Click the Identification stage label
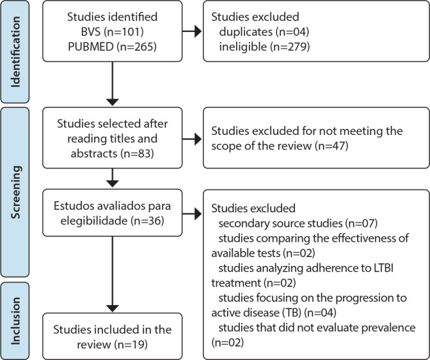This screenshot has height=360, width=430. click(x=15, y=52)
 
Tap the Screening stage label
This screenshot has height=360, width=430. click(x=15, y=192)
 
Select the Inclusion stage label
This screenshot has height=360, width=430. click(x=15, y=321)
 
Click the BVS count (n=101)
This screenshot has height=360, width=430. click(x=123, y=32)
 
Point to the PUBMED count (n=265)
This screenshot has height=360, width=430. click(x=136, y=47)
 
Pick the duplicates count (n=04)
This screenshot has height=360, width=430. click(x=292, y=32)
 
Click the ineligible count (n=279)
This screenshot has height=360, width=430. click(x=290, y=47)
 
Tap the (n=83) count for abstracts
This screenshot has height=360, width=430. click(x=137, y=153)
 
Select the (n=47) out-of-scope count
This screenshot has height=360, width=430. click(x=331, y=146)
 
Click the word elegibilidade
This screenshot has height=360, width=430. click(x=94, y=221)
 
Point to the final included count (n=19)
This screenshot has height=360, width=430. click(x=131, y=344)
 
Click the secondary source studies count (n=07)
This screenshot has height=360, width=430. click(x=362, y=223)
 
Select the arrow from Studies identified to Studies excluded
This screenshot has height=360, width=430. click(x=192, y=31)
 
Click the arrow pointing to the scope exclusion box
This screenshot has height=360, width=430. click(x=192, y=139)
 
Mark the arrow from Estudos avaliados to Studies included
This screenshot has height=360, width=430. click(x=113, y=274)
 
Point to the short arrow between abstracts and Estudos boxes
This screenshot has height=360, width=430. click(x=113, y=178)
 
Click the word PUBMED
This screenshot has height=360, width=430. click(x=91, y=47)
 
